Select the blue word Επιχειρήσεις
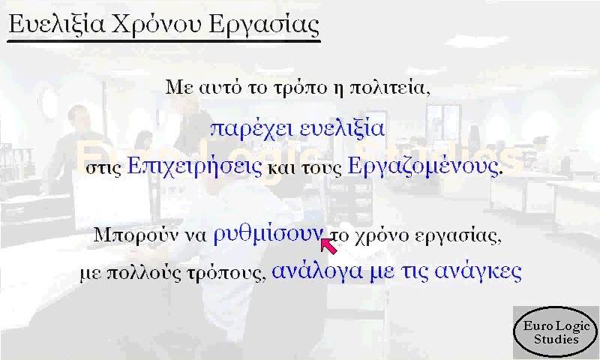click(x=195, y=166)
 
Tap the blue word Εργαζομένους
click(x=423, y=166)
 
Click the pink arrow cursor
click(x=328, y=245)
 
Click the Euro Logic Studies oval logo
click(x=556, y=332)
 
